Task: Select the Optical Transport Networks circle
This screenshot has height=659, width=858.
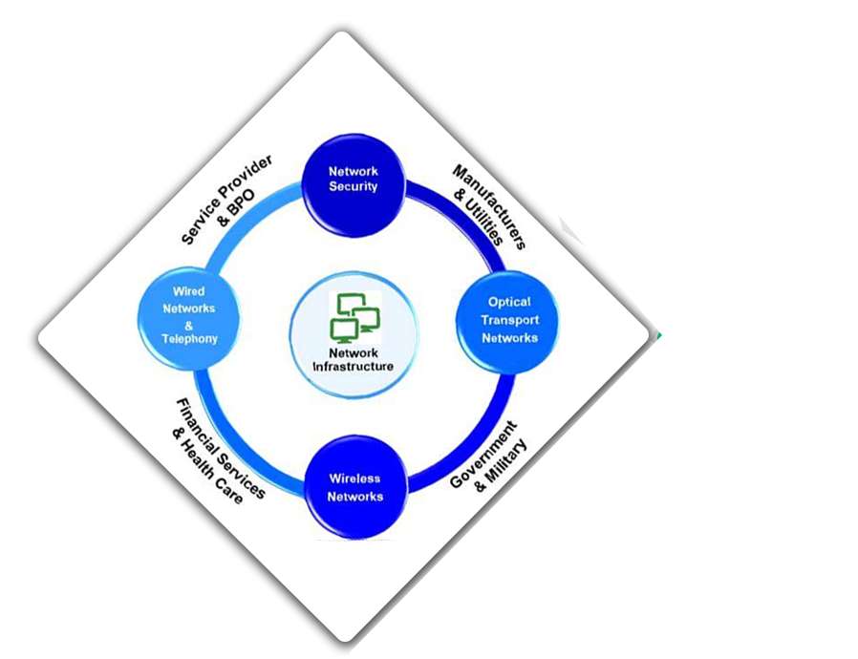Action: (x=509, y=320)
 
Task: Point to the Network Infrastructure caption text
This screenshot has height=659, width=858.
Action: (x=353, y=359)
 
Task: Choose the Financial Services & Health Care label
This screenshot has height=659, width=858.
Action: (x=216, y=447)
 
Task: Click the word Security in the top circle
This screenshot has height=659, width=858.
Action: (x=354, y=187)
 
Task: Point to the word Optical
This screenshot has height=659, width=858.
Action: (x=509, y=302)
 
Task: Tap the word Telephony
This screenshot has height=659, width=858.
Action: (x=189, y=339)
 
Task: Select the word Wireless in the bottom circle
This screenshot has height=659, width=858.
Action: (x=355, y=478)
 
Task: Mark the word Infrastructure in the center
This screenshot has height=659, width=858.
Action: (x=353, y=366)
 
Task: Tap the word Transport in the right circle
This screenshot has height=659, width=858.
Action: (x=509, y=320)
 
